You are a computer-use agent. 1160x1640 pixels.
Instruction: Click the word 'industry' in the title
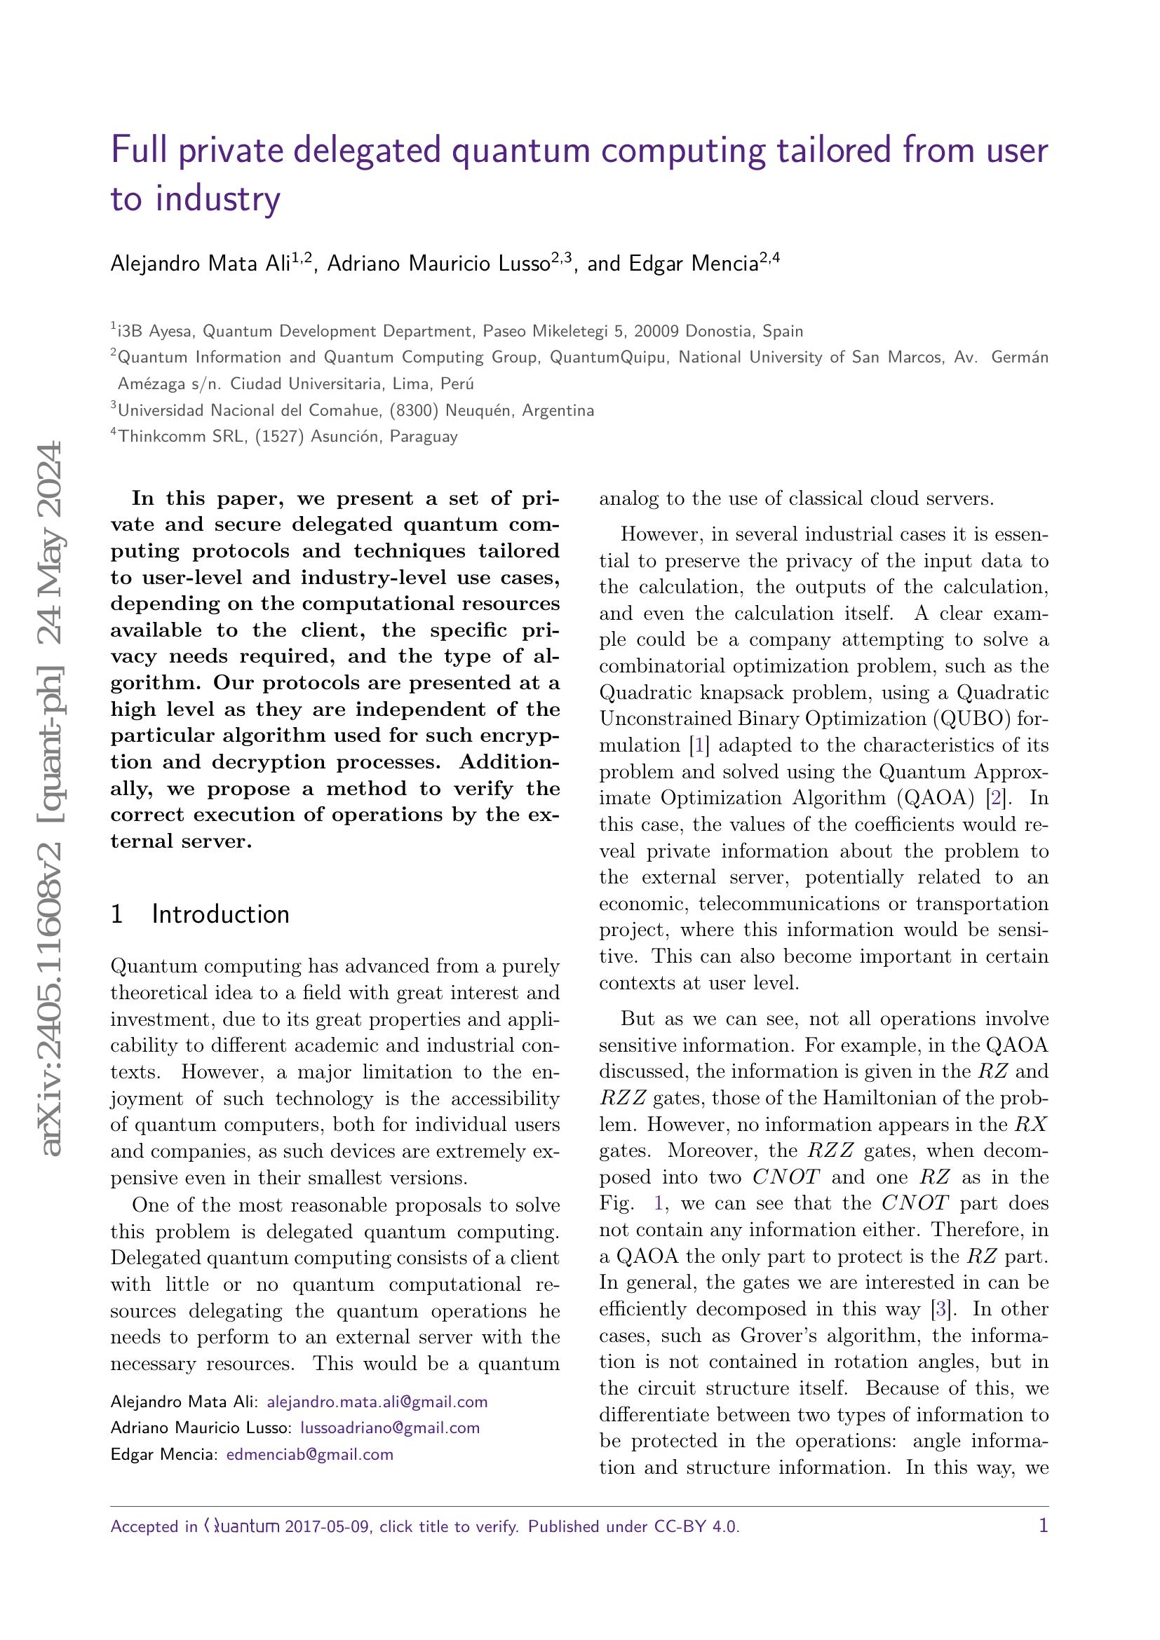coord(218,199)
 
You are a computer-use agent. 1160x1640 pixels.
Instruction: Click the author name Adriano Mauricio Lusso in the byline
coord(438,264)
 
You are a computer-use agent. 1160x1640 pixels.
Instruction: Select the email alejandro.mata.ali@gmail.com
coord(377,1421)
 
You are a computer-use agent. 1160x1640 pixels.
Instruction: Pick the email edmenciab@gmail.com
coord(309,1475)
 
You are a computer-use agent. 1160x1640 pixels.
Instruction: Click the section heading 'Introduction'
coord(220,914)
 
